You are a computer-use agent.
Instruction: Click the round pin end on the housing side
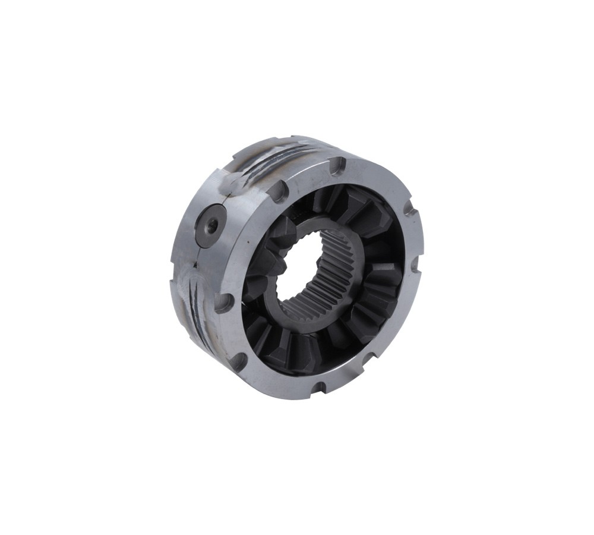pyautogui.click(x=210, y=226)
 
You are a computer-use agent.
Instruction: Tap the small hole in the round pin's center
pyautogui.click(x=211, y=225)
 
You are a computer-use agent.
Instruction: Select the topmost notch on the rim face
pyautogui.click(x=336, y=166)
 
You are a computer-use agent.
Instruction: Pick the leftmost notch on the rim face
pyautogui.click(x=223, y=302)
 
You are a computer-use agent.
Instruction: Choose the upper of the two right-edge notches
pyautogui.click(x=409, y=209)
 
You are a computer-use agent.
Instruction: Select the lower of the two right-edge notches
pyautogui.click(x=414, y=262)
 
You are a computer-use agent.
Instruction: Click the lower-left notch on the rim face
pyautogui.click(x=238, y=360)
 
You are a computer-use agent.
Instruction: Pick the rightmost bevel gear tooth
pyautogui.click(x=386, y=279)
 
